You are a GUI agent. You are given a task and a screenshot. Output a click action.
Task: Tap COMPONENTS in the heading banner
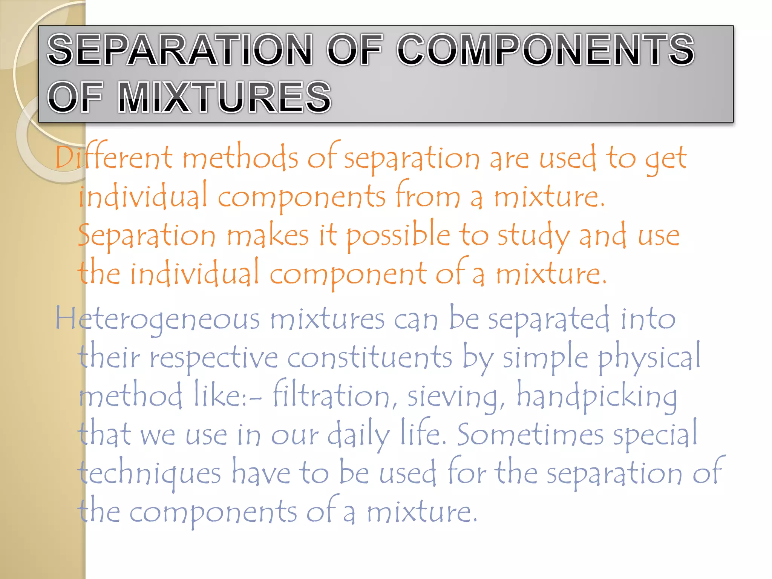tap(545, 49)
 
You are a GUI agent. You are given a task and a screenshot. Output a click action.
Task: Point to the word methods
tap(240, 158)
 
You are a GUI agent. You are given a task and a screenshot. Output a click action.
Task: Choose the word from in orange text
tap(428, 196)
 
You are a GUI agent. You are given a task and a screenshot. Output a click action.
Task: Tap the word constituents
tap(369, 357)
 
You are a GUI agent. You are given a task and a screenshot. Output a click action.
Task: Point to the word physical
tap(649, 357)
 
